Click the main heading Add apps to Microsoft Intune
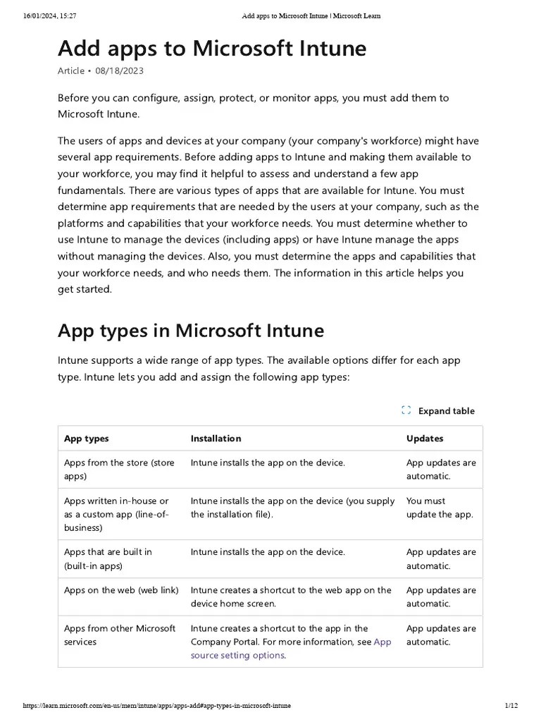[x=212, y=49]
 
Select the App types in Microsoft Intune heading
[x=191, y=330]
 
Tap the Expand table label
[x=446, y=411]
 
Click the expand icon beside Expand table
[x=406, y=410]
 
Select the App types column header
[x=87, y=439]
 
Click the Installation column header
[x=216, y=439]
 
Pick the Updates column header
[x=425, y=439]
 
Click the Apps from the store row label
[x=119, y=470]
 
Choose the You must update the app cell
[x=440, y=508]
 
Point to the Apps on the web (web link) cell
[x=121, y=590]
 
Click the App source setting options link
[x=237, y=655]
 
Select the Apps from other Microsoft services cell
[x=120, y=635]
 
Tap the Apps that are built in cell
[x=108, y=558]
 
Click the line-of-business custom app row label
[x=116, y=514]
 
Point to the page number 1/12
[x=511, y=706]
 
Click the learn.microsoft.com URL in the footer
[x=156, y=706]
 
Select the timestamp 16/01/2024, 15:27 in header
[x=49, y=16]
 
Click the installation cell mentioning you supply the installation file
[x=292, y=508]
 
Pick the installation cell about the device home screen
[x=291, y=596]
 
